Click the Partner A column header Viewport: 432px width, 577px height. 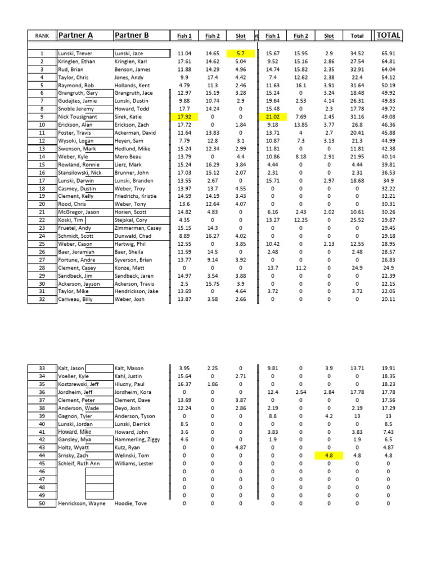pos(75,35)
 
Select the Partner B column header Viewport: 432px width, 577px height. pos(132,35)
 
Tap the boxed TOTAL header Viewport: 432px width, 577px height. pos(388,35)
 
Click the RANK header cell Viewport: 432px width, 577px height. pos(42,36)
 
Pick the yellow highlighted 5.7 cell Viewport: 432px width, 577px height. pos(241,54)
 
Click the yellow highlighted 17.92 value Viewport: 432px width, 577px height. pos(184,117)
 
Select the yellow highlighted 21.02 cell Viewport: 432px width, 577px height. pos(272,117)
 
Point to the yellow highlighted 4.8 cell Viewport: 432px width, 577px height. pos(329,456)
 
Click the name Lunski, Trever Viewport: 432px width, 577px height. pos(76,54)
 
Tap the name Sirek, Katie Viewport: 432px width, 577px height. pos(128,117)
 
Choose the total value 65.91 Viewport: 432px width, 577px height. pos(388,54)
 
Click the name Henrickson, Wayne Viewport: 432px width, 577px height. pos(82,503)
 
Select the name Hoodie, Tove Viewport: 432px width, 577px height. pos(131,503)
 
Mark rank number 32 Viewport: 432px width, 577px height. pos(42,299)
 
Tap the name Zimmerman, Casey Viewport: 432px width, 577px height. pos(138,228)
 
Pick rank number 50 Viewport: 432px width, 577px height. pos(42,503)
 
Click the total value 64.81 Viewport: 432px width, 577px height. pos(388,62)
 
